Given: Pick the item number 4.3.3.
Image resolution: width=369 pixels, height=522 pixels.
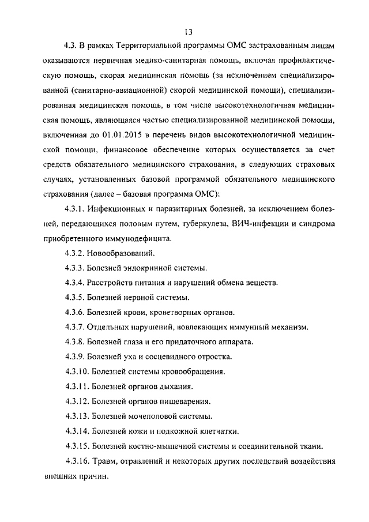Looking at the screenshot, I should coord(74,268).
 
